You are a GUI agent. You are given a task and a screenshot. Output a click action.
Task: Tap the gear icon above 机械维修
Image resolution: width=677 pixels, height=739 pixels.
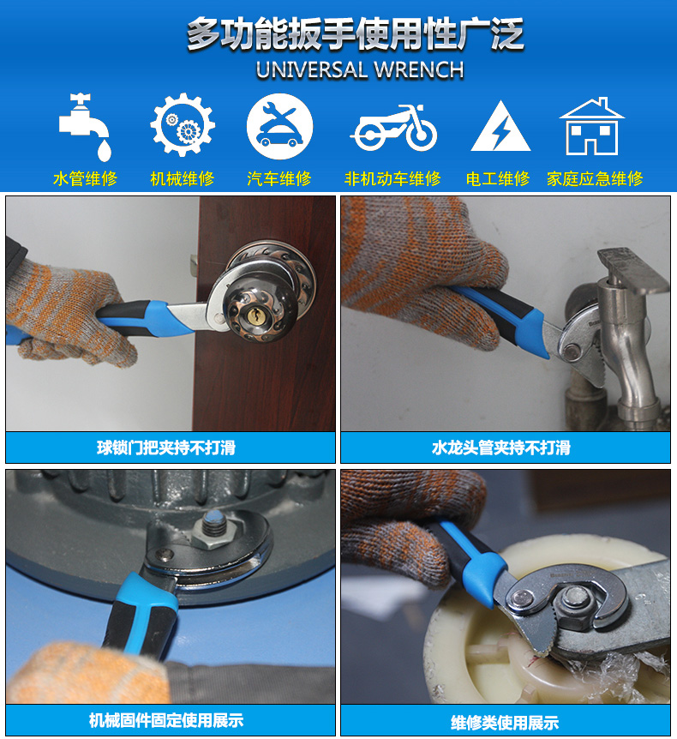click(183, 125)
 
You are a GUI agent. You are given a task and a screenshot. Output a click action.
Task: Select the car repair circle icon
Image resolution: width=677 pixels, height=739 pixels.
click(279, 126)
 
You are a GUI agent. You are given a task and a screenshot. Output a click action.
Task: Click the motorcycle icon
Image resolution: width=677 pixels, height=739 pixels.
click(393, 128)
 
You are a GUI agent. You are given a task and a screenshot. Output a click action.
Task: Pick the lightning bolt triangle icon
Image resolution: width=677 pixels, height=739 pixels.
click(500, 127)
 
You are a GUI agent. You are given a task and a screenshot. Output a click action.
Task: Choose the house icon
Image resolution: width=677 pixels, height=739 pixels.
click(591, 126)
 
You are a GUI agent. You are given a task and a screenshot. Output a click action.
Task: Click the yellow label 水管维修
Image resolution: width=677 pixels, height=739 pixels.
click(86, 179)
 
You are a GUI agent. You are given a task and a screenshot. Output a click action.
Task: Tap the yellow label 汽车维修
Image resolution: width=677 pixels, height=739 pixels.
click(279, 179)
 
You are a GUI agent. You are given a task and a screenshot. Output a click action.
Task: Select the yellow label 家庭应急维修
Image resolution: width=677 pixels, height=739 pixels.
click(595, 179)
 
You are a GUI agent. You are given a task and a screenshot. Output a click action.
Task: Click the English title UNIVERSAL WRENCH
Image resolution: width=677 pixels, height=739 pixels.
click(360, 70)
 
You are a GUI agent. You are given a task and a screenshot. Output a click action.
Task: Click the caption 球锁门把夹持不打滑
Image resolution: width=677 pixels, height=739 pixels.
click(166, 448)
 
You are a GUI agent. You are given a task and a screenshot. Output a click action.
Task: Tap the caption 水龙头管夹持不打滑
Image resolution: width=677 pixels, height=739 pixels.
click(500, 448)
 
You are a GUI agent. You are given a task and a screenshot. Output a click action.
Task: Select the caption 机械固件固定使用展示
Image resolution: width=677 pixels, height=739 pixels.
click(166, 720)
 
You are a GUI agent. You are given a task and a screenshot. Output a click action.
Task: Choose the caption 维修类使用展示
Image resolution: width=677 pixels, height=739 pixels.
click(505, 722)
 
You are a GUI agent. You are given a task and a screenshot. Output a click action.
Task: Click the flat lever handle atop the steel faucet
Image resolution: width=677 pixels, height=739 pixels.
click(633, 268)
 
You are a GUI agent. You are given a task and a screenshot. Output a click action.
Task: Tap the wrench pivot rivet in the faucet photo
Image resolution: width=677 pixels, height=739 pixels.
click(572, 351)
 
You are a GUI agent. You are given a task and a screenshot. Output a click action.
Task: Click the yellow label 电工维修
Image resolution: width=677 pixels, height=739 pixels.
click(498, 179)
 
